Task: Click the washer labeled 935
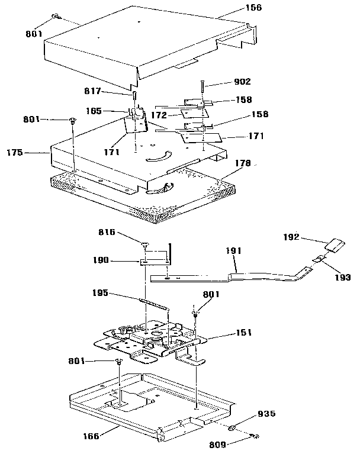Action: tap(233, 427)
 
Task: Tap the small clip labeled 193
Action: tap(318, 257)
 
